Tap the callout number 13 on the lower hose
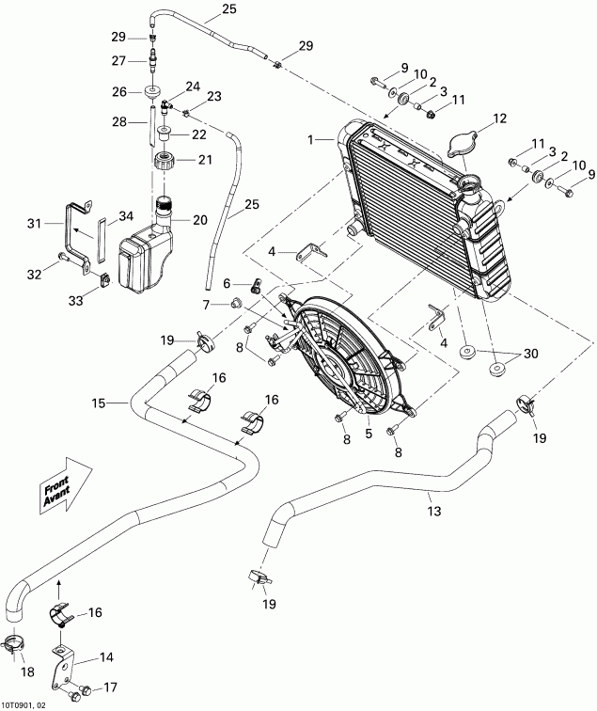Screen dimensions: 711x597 pos(433,513)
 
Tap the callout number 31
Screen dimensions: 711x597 pos(34,223)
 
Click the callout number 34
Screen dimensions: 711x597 pos(114,218)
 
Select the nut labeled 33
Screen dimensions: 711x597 pos(105,277)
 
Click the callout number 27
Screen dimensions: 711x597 pos(119,60)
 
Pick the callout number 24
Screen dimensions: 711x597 pos(193,87)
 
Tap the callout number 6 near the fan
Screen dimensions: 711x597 pos(226,283)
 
